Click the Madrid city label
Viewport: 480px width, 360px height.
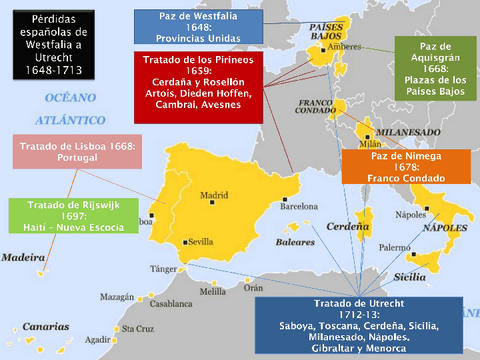214,196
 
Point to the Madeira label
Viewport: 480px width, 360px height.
23,257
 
